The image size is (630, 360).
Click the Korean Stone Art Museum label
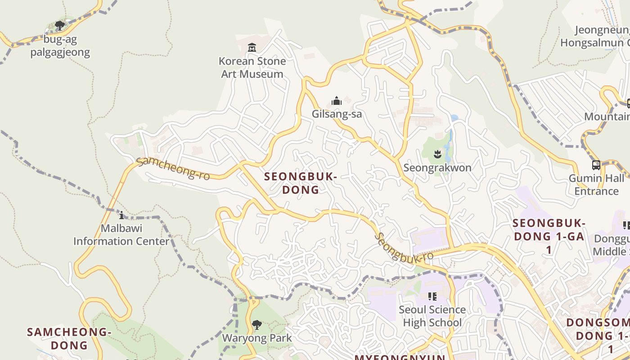pos(252,67)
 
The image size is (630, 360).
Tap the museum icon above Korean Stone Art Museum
pos(252,47)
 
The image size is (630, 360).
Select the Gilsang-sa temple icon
pos(337,101)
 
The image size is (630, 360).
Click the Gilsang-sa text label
pos(337,114)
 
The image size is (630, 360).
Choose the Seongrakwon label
pos(437,168)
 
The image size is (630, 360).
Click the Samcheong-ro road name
pos(173,168)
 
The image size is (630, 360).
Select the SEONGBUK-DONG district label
pos(301,183)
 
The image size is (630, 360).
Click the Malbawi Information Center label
pos(121,234)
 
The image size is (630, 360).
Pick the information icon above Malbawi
pos(121,215)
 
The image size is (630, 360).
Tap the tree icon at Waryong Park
pos(256,324)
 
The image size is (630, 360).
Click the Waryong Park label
pos(256,338)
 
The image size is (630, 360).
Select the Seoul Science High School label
pos(432,316)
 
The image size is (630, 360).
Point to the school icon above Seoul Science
pos(432,297)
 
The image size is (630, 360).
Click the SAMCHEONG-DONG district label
pos(69,339)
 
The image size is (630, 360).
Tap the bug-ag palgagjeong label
pos(60,46)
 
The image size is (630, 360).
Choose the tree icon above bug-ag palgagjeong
pos(60,26)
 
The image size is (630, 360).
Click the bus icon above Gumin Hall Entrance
pos(596,165)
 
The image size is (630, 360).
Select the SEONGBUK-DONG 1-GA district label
pos(549,236)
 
